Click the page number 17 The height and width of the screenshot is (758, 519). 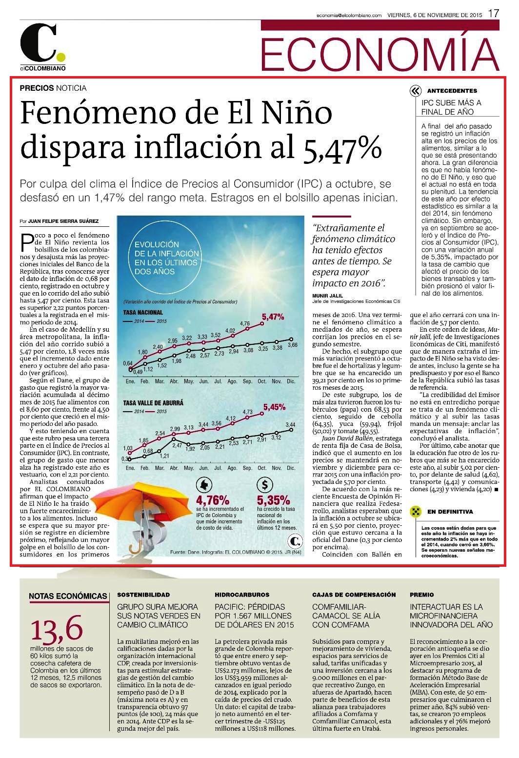tap(494, 13)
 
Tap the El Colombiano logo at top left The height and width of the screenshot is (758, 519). tap(42, 48)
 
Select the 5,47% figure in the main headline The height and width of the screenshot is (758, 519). tap(342, 148)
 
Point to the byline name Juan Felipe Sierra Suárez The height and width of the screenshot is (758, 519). tap(63, 221)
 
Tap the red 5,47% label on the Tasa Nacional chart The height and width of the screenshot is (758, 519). tap(273, 317)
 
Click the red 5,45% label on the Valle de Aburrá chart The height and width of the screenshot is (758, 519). tap(275, 407)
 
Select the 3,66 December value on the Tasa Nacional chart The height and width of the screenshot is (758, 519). tap(292, 345)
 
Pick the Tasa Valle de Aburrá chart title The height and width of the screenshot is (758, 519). tap(153, 403)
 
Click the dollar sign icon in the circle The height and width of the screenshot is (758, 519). tap(265, 485)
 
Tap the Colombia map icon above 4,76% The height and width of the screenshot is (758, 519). tap(204, 485)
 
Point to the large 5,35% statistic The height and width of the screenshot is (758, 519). tap(273, 500)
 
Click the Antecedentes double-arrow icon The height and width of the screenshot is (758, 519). tap(415, 91)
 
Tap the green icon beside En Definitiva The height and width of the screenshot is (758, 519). tap(416, 511)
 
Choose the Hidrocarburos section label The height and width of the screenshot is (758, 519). tap(242, 595)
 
